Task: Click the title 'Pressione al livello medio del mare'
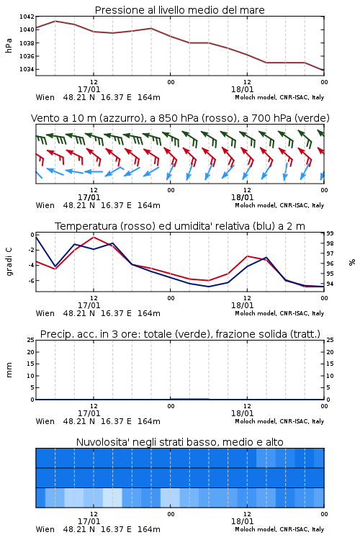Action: (179, 10)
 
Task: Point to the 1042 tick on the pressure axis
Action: (27, 17)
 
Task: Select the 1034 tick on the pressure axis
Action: (27, 69)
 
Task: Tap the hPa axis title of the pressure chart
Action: (9, 45)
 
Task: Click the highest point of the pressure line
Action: (55, 21)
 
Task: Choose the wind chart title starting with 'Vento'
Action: (180, 118)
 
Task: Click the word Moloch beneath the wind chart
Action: (246, 205)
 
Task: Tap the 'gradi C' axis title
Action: (9, 262)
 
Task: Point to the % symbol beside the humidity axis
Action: (352, 262)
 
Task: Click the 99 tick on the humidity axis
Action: (330, 233)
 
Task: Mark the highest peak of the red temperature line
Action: (94, 237)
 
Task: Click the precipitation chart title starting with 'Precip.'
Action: (180, 334)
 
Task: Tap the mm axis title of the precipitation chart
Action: (9, 370)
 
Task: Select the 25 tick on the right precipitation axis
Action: (330, 340)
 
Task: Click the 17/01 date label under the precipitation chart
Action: (89, 413)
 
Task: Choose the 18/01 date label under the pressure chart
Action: (242, 89)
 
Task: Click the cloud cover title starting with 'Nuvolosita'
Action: (179, 442)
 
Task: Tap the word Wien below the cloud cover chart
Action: (45, 529)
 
